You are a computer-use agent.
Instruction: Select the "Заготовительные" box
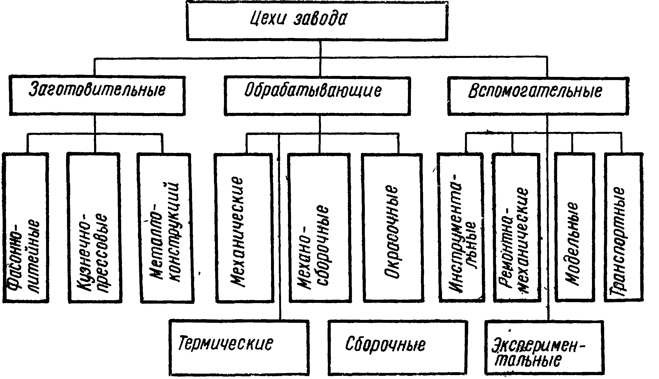(97, 96)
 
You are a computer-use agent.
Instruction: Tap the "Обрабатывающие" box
(317, 96)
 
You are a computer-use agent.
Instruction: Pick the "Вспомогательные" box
(538, 96)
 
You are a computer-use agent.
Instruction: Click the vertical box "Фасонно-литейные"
(26, 228)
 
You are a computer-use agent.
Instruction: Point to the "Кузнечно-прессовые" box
(94, 228)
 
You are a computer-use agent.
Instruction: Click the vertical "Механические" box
(244, 228)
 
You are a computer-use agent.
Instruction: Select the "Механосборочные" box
(320, 228)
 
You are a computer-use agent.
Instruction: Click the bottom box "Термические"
(239, 348)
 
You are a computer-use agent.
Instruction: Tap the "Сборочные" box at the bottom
(398, 348)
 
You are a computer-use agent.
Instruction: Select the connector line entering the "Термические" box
(280, 227)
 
